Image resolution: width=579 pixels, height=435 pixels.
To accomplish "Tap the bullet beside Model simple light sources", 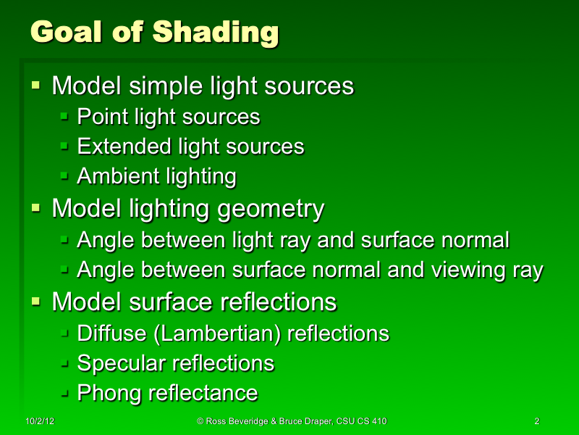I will [35, 86].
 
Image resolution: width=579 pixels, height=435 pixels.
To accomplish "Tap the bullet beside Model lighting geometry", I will [35, 209].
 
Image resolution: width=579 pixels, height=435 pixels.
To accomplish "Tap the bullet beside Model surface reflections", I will [35, 302].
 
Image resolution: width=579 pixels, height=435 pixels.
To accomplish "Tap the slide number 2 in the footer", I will [536, 421].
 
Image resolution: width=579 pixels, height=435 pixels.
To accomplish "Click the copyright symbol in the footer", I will [200, 421].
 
